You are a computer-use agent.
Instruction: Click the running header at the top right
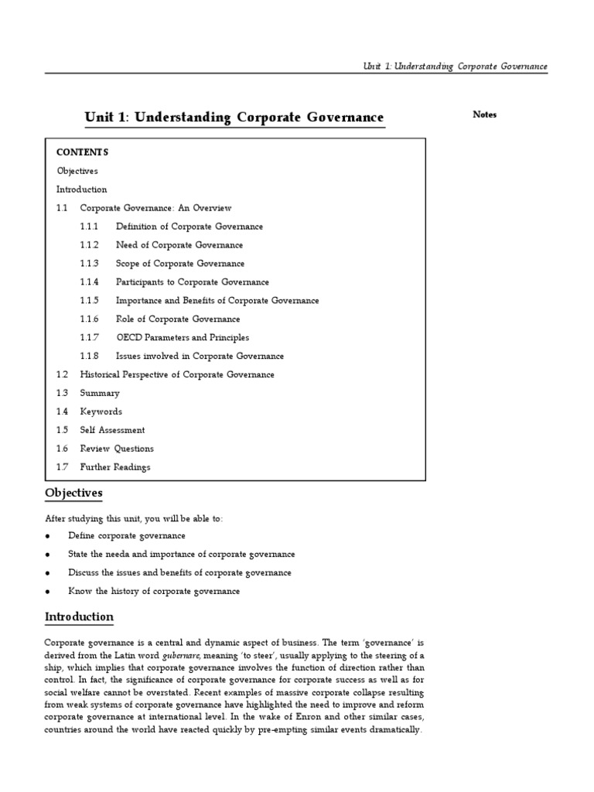coord(455,67)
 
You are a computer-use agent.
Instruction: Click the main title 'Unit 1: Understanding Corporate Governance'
coord(234,118)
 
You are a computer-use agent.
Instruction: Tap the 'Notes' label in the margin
coord(484,114)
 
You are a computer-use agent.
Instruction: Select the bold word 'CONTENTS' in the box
coord(83,152)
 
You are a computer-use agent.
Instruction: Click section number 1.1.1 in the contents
coord(89,227)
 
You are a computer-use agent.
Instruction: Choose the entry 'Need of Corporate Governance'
coord(179,245)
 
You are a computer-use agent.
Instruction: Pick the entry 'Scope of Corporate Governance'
coord(180,264)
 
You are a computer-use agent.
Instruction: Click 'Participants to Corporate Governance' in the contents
coord(193,282)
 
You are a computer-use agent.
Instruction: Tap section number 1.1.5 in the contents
coord(89,301)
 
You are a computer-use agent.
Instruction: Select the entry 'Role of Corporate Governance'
coord(178,319)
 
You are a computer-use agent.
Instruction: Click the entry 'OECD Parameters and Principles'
coord(183,338)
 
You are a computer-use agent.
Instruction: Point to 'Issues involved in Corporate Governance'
coord(200,357)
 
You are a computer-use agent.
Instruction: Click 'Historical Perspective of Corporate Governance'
coord(177,375)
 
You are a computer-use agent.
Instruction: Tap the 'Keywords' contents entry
coord(101,412)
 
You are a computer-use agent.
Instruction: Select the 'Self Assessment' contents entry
coord(112,431)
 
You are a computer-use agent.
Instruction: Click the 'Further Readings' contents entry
coord(115,467)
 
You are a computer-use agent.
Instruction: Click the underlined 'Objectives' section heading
coord(73,493)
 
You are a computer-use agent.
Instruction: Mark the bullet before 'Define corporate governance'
coord(48,536)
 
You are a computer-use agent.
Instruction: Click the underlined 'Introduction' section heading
coord(79,616)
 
